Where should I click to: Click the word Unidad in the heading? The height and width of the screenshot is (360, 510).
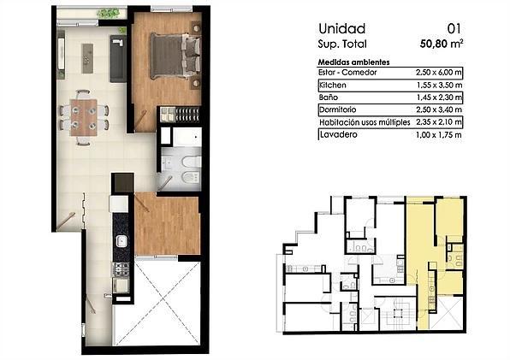pos(341,29)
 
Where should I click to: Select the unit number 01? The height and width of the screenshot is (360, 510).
pos(454,29)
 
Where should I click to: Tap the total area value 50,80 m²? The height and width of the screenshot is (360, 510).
pos(442,44)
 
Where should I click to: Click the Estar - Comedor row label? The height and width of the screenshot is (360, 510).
pos(347,73)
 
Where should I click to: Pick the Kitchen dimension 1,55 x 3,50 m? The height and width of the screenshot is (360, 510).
pos(439,86)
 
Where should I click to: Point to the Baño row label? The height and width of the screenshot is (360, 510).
pos(329,97)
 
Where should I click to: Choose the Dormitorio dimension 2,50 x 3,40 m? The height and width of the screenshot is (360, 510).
pos(439,109)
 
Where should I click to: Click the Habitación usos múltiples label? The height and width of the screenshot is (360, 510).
pos(365,122)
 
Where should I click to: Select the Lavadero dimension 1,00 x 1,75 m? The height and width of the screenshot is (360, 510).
pos(439,135)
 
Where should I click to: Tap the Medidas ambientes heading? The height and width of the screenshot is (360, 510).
pos(353,62)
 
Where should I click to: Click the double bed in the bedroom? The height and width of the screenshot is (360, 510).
pos(175,56)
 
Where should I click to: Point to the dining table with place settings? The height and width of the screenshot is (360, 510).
pos(84,117)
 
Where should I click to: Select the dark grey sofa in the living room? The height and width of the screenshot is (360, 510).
pos(118,58)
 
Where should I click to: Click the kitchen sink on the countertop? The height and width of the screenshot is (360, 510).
pos(122,241)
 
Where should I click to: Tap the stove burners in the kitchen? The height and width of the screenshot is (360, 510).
pos(121,269)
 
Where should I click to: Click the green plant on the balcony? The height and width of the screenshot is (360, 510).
pos(108,14)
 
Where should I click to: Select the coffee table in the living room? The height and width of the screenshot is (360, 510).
pos(87,58)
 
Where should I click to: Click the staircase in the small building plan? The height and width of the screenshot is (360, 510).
pos(398,313)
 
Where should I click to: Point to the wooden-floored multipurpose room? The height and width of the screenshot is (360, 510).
pos(167,223)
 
